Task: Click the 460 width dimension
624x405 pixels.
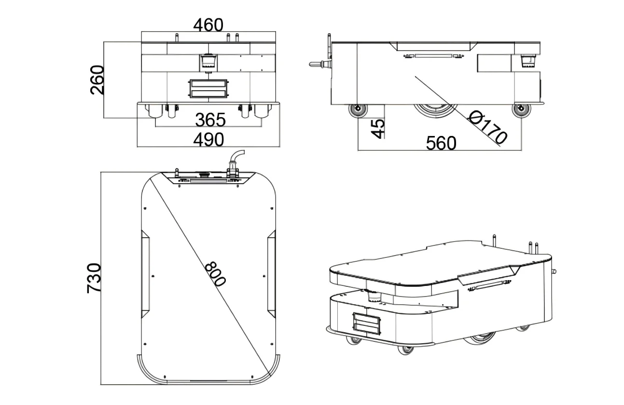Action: point(208,25)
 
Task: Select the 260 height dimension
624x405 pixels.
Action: point(97,80)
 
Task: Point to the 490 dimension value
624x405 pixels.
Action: point(208,139)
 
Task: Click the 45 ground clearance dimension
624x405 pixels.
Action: point(379,128)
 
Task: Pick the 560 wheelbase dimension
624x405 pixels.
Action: point(441,143)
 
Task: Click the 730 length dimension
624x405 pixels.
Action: point(94,278)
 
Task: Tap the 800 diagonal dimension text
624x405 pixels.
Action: point(215,274)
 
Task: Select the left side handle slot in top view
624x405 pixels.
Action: point(145,272)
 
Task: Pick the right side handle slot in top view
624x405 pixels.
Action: point(271,272)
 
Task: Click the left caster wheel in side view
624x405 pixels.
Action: point(358,111)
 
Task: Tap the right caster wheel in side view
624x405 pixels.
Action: point(522,111)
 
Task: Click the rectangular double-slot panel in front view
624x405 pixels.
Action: point(208,89)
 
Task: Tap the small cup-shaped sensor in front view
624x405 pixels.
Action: point(208,60)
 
